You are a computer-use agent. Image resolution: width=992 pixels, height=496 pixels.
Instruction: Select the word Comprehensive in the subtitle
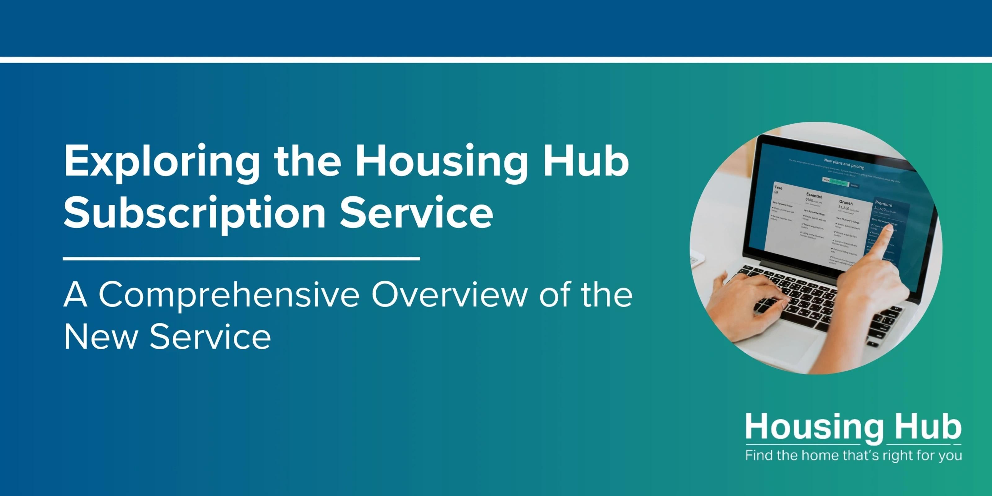pos(229,296)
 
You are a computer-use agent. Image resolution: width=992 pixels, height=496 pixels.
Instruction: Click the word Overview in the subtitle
pos(449,296)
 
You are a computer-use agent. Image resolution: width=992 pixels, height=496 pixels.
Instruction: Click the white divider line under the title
pos(241,259)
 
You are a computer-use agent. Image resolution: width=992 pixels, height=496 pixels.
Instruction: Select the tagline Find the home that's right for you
pos(853,456)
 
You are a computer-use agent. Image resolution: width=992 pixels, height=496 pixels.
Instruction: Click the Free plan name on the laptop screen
pos(778,188)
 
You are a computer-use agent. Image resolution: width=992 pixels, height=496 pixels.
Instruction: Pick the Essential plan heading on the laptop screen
pos(814,196)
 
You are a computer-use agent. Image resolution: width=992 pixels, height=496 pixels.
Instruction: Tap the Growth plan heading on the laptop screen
pos(846,202)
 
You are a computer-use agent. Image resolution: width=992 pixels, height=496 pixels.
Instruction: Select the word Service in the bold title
pos(416,213)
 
